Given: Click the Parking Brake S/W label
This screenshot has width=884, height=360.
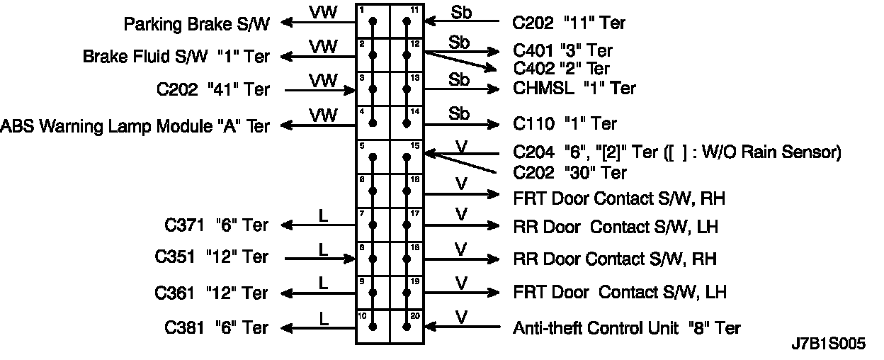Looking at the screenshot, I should click(196, 24).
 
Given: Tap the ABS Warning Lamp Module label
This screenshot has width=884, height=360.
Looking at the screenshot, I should click(135, 126).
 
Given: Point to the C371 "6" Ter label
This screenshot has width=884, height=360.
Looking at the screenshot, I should click(217, 225).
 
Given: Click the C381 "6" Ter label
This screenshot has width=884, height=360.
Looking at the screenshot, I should click(217, 327).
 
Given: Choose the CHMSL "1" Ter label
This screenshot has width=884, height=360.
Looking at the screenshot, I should click(574, 89).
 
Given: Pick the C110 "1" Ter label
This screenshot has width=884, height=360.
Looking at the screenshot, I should click(565, 124).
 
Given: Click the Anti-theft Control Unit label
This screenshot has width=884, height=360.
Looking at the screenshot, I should click(627, 328).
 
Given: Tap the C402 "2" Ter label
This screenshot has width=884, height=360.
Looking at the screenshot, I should click(561, 69).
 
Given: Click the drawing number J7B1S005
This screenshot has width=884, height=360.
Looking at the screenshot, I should click(828, 345).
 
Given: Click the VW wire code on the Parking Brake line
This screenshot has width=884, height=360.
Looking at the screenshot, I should click(322, 12).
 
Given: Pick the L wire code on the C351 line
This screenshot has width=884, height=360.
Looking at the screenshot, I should click(323, 249).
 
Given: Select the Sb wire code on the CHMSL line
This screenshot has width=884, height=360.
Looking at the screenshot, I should click(459, 79).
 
